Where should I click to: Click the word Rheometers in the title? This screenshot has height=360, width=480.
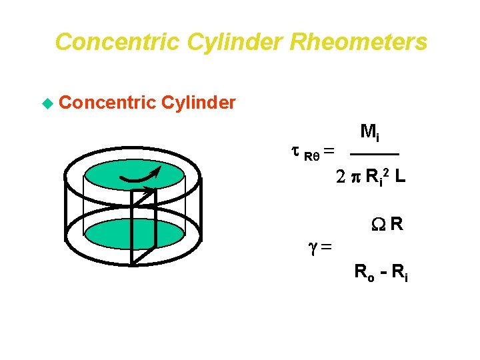pos(359,43)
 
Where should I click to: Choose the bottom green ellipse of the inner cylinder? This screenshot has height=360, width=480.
pos(133,233)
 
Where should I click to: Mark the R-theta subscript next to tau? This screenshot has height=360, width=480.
pos(312,157)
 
